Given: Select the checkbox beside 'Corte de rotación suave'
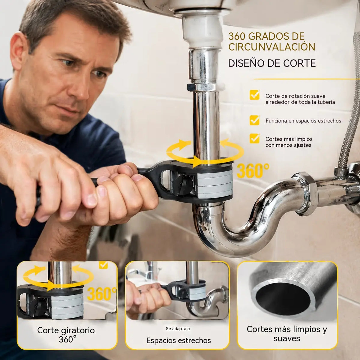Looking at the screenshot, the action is click(254, 95).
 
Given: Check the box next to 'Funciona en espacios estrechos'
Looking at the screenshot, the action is click(254, 120).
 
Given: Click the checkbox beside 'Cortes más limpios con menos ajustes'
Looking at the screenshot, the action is click(254, 138).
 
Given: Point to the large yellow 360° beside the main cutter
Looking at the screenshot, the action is click(253, 171).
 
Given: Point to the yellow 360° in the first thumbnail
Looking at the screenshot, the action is click(101, 294).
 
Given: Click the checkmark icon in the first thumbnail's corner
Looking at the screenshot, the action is click(103, 265).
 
